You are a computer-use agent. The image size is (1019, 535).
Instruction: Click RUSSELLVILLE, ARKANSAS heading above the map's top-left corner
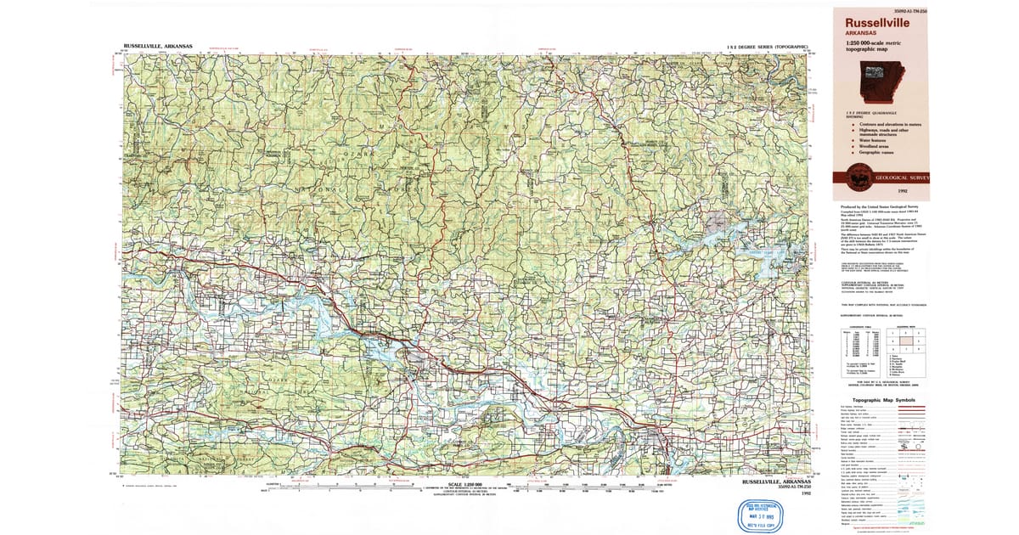pos(157,45)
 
